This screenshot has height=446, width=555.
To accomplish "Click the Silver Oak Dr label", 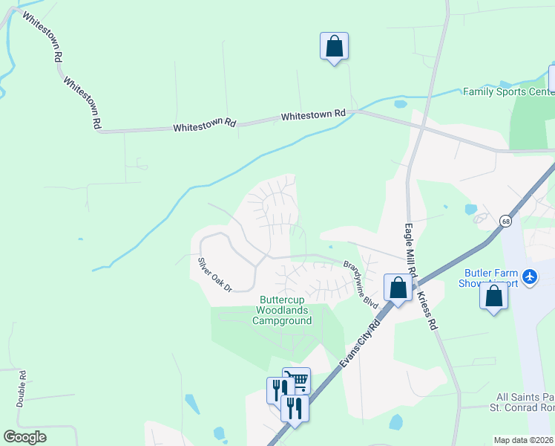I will [214, 274].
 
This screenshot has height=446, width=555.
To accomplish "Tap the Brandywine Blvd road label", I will [361, 285].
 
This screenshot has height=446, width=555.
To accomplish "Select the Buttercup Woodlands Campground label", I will [281, 311].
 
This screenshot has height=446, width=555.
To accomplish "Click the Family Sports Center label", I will [508, 92].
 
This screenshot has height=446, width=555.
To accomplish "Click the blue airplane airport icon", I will [529, 277].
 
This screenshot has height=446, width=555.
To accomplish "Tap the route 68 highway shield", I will [505, 221].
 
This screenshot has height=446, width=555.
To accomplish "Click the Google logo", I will [25, 437].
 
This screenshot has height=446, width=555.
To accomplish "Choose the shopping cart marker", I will [298, 381].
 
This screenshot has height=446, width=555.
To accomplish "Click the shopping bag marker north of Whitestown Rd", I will [335, 46].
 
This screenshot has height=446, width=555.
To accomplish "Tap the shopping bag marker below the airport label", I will [493, 297].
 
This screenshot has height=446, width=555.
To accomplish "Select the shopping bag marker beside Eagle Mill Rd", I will [398, 288].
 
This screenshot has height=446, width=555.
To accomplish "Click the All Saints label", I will [524, 397].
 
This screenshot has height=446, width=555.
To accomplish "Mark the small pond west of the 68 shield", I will [470, 210].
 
